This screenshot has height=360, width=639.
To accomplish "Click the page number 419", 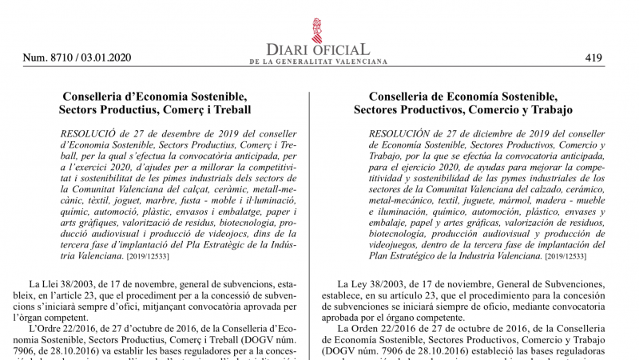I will [593, 57].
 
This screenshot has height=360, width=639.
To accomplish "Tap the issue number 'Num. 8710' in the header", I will [46, 57].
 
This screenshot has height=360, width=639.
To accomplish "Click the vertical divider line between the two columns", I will [309, 224].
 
